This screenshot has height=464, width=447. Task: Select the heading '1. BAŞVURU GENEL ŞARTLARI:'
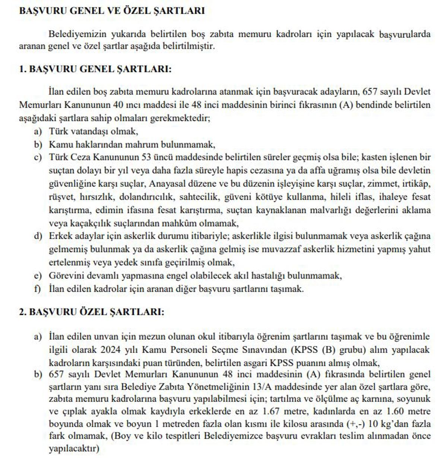(x=95, y=69)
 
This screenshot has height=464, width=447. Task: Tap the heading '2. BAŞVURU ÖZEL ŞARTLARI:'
(x=91, y=312)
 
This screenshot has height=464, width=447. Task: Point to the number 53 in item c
(x=146, y=157)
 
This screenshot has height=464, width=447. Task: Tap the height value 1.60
(x=397, y=412)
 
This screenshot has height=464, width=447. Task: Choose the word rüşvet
(x=62, y=197)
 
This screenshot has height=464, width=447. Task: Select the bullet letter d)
(x=38, y=236)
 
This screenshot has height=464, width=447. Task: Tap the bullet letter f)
(x=37, y=289)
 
